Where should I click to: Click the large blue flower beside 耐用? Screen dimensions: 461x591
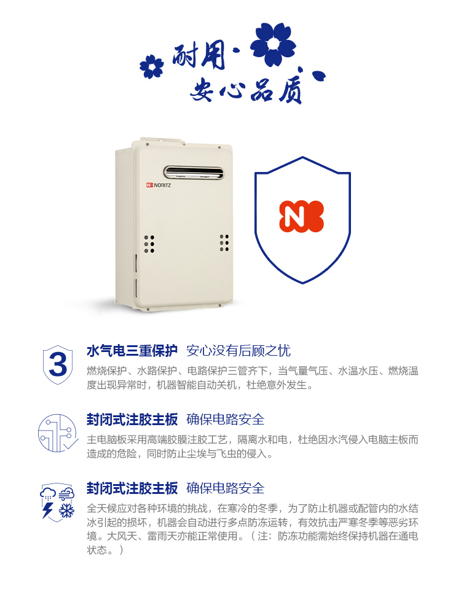[x=273, y=44]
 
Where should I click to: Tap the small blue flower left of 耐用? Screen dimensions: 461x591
[x=152, y=67]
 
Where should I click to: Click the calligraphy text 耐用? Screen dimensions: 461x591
[x=199, y=57]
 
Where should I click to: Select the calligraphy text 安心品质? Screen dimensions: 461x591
[x=246, y=89]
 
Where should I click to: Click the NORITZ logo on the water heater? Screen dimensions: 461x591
[x=159, y=185]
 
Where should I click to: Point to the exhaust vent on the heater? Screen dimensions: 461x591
[x=194, y=173]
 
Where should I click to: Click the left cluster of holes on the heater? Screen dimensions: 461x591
[x=149, y=244]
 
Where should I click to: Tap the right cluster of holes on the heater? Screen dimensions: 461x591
[x=224, y=243]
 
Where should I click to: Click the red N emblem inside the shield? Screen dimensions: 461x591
[x=301, y=216]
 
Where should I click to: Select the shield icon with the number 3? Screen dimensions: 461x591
[x=58, y=364]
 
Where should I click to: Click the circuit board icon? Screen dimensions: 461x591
[x=58, y=433]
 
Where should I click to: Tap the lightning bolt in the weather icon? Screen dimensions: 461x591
[x=47, y=510]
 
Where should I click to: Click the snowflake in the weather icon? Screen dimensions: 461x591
[x=66, y=511]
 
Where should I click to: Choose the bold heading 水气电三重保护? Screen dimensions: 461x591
[x=132, y=351]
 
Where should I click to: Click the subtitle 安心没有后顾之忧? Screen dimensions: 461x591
[x=238, y=351]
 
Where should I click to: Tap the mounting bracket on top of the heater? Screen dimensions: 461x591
[x=163, y=141]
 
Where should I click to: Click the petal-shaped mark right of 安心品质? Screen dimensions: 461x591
[x=319, y=76]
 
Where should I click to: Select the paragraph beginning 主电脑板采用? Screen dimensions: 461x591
[x=253, y=446]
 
